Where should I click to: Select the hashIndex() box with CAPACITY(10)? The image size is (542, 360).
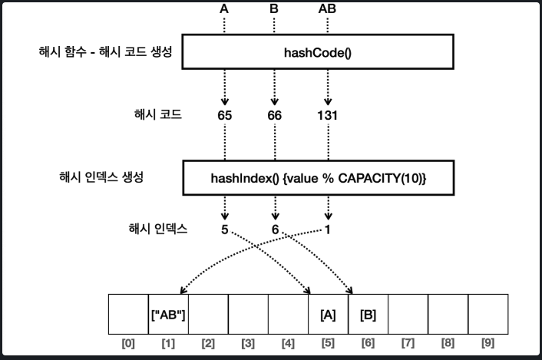click(317, 177)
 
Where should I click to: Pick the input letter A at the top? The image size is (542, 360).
click(224, 9)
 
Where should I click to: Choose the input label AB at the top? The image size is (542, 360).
click(328, 9)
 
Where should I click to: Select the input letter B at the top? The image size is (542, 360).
click(274, 9)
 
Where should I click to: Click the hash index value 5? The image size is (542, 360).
click(224, 230)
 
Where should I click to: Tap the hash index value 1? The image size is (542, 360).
click(329, 230)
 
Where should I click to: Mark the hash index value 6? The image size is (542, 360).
click(274, 230)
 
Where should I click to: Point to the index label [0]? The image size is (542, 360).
click(128, 343)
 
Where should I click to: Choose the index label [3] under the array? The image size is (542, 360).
click(248, 343)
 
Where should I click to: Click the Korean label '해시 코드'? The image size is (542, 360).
click(158, 115)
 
